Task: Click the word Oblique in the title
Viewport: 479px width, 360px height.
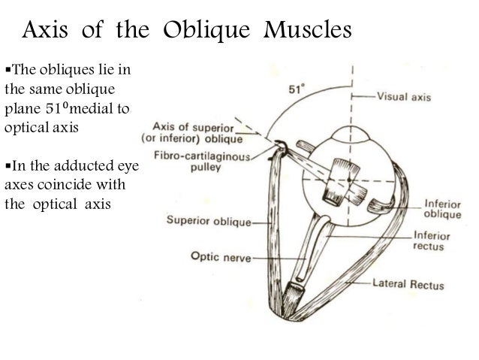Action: (x=199, y=32)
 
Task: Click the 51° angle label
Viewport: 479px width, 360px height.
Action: (x=298, y=88)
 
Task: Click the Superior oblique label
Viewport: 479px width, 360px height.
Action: (x=209, y=222)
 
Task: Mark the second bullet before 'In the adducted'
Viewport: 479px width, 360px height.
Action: (x=8, y=165)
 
